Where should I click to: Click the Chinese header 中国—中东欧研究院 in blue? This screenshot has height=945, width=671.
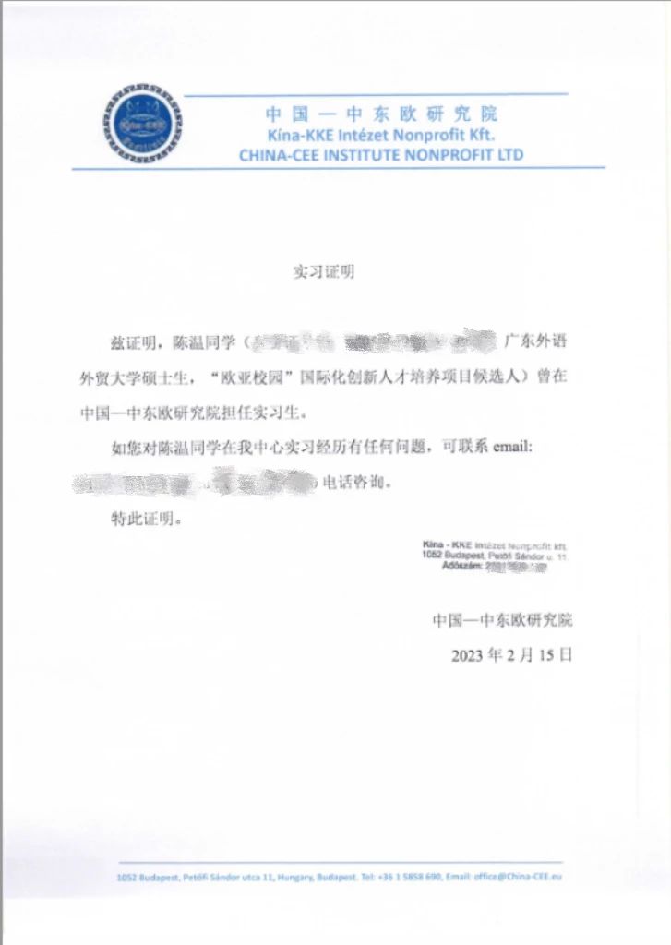[x=381, y=114]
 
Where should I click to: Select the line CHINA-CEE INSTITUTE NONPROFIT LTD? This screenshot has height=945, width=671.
[x=381, y=155]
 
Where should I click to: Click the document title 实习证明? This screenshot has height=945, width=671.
[x=323, y=272]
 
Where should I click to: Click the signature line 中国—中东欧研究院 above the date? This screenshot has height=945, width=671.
[x=509, y=620]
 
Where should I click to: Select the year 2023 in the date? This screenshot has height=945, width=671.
[x=468, y=656]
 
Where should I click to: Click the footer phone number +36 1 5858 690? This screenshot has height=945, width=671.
[x=409, y=877]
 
